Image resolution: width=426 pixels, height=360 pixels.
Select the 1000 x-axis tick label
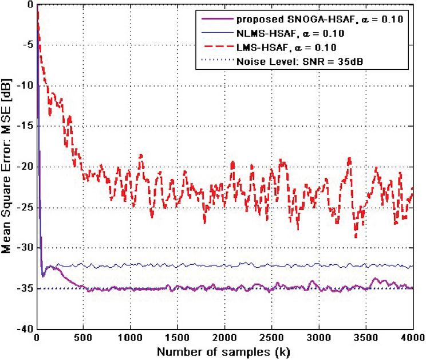[131, 337]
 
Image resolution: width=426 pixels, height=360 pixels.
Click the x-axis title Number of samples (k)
[224, 350]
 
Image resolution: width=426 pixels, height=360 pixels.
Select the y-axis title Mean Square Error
[8, 166]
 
